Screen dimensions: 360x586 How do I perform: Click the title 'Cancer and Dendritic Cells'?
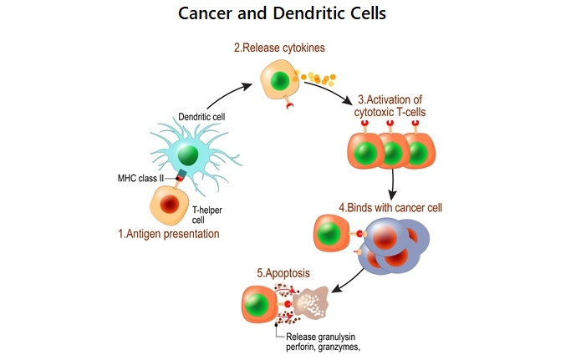(293, 14)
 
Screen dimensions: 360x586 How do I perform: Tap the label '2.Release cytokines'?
(278, 48)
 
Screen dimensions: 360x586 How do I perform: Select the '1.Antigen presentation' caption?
(169, 235)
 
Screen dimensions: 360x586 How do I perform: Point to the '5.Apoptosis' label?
(284, 273)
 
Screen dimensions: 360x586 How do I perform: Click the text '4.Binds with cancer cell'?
(390, 207)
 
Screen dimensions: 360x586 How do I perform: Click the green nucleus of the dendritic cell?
(188, 155)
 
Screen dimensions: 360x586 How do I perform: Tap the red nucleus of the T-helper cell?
(171, 204)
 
